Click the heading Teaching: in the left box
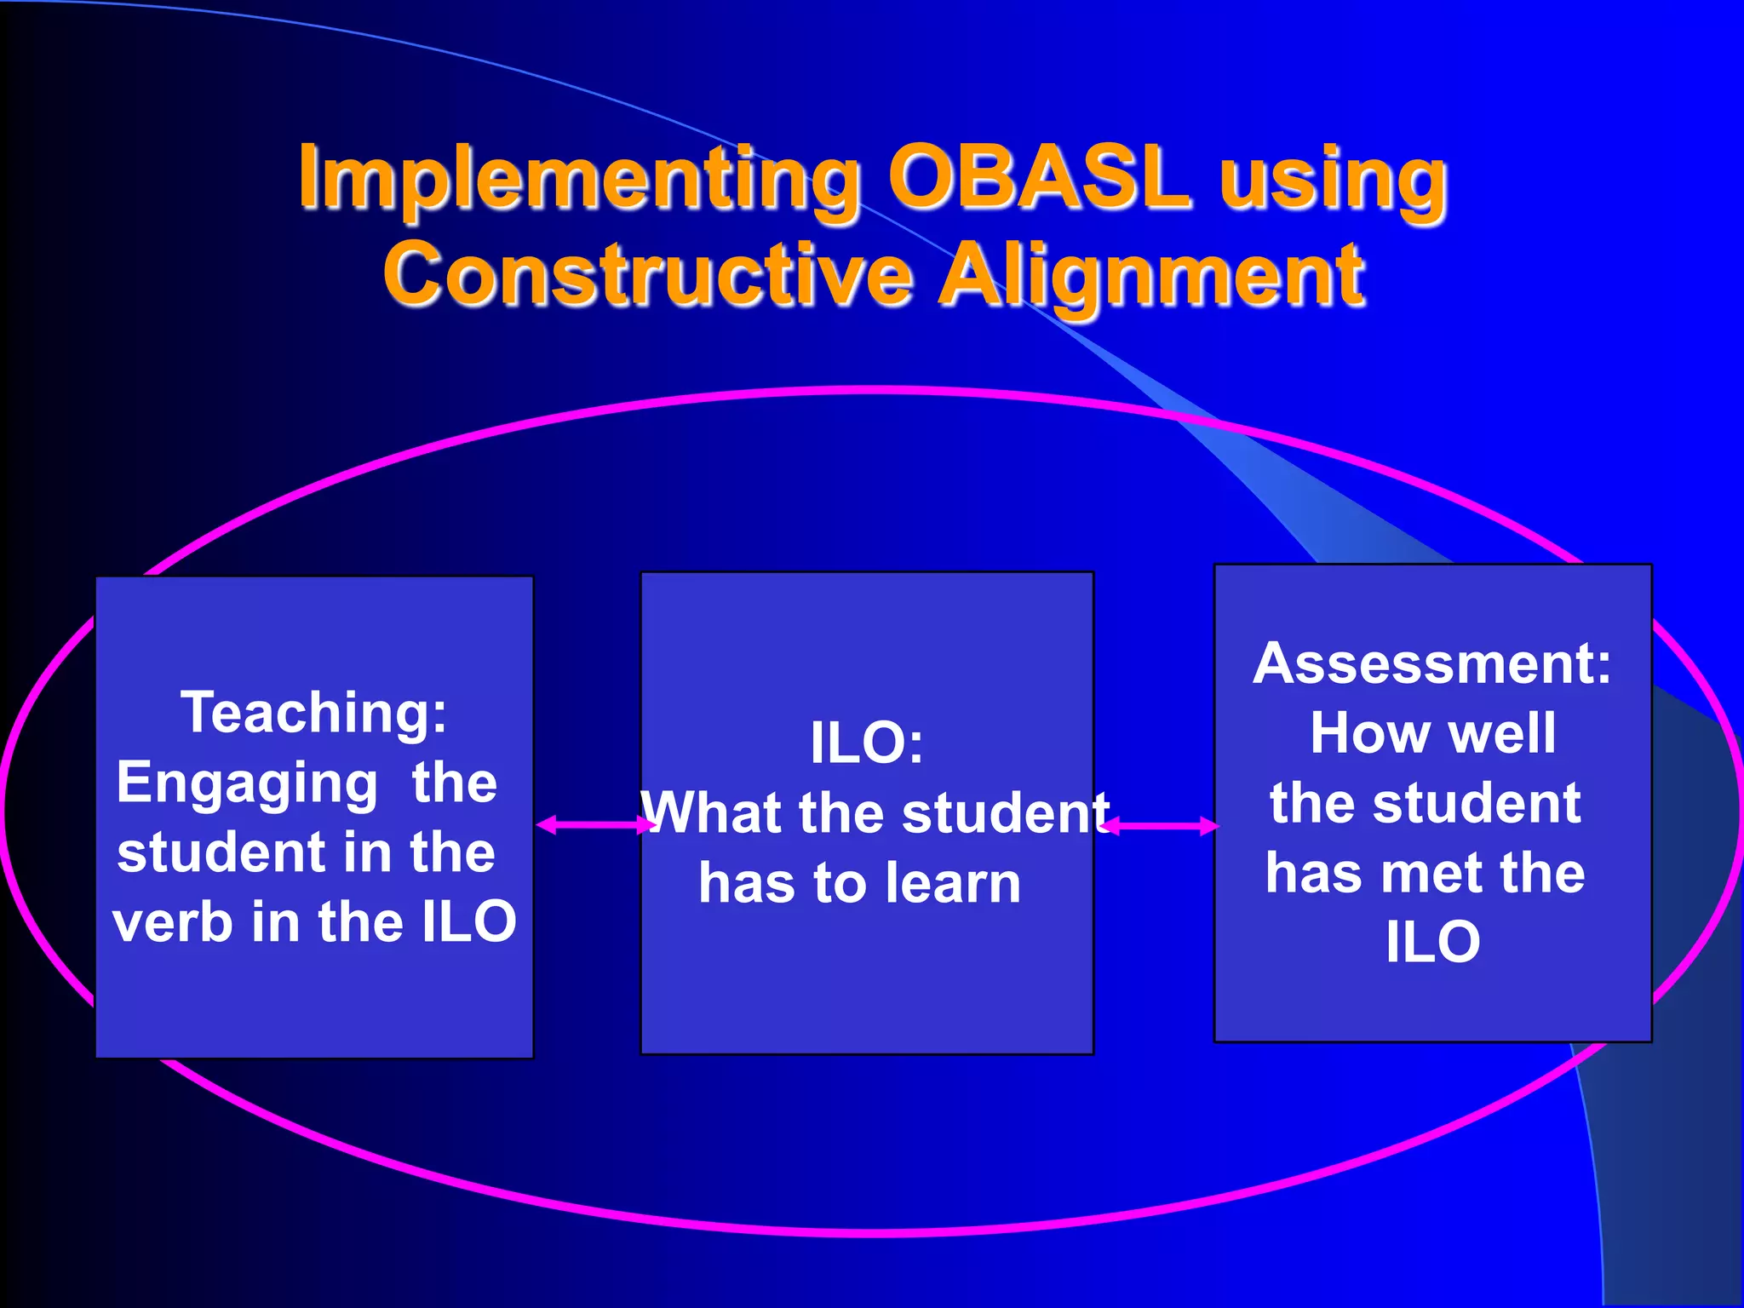click(x=313, y=712)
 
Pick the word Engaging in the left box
click(x=247, y=783)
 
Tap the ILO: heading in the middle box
click(x=866, y=743)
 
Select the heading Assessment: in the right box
click(x=1432, y=663)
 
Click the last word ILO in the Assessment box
click(x=1432, y=943)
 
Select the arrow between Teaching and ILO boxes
click(x=596, y=824)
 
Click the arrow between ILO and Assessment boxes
click(x=1160, y=825)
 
